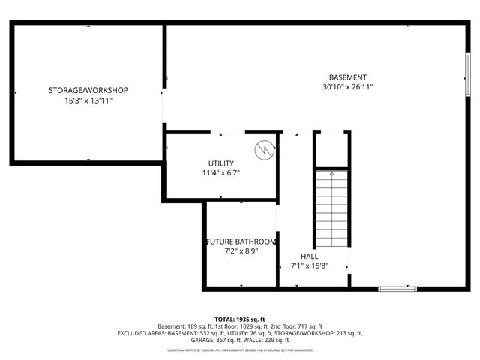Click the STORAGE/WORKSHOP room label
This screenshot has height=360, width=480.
[88, 90]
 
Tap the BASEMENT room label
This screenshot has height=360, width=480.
[348, 77]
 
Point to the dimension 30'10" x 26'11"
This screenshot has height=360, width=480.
[348, 87]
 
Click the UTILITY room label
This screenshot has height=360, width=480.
[221, 163]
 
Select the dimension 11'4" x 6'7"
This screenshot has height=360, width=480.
[221, 173]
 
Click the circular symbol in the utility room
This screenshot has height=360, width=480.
[262, 149]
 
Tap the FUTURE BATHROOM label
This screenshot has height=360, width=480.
[241, 241]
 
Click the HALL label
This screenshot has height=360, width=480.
[309, 256]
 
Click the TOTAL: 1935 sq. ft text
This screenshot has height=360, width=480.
[240, 319]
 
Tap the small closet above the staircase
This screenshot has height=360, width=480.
[331, 149]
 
